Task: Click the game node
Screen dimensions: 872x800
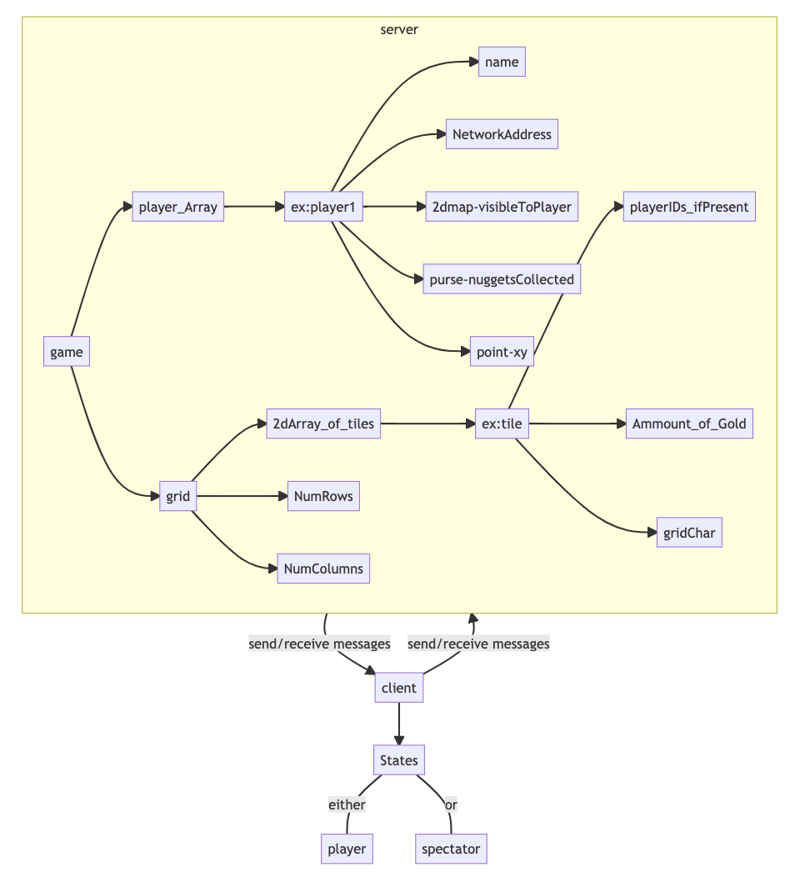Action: [67, 352]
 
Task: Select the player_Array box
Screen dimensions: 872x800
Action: [177, 207]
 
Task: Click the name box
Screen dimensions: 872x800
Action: [502, 62]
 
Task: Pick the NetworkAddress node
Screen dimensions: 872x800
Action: [502, 134]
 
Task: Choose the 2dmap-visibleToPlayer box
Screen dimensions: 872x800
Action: [502, 207]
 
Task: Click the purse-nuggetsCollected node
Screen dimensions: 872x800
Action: [502, 279]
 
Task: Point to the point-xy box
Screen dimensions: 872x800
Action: [502, 352]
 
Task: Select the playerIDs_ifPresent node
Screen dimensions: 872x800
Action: [689, 207]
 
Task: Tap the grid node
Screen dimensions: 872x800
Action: [177, 497]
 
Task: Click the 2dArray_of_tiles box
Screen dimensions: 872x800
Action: [323, 424]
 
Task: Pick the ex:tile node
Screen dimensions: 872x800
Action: [502, 424]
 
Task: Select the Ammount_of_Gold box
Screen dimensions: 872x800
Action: [689, 424]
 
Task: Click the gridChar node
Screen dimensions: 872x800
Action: [689, 533]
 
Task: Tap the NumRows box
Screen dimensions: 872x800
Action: [323, 497]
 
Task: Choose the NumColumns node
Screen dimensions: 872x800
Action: [323, 569]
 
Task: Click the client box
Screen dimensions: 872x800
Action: [399, 688]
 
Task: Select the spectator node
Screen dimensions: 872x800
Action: [451, 849]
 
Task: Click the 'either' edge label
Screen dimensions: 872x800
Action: [347, 804]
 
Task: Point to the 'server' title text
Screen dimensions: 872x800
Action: [399, 30]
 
